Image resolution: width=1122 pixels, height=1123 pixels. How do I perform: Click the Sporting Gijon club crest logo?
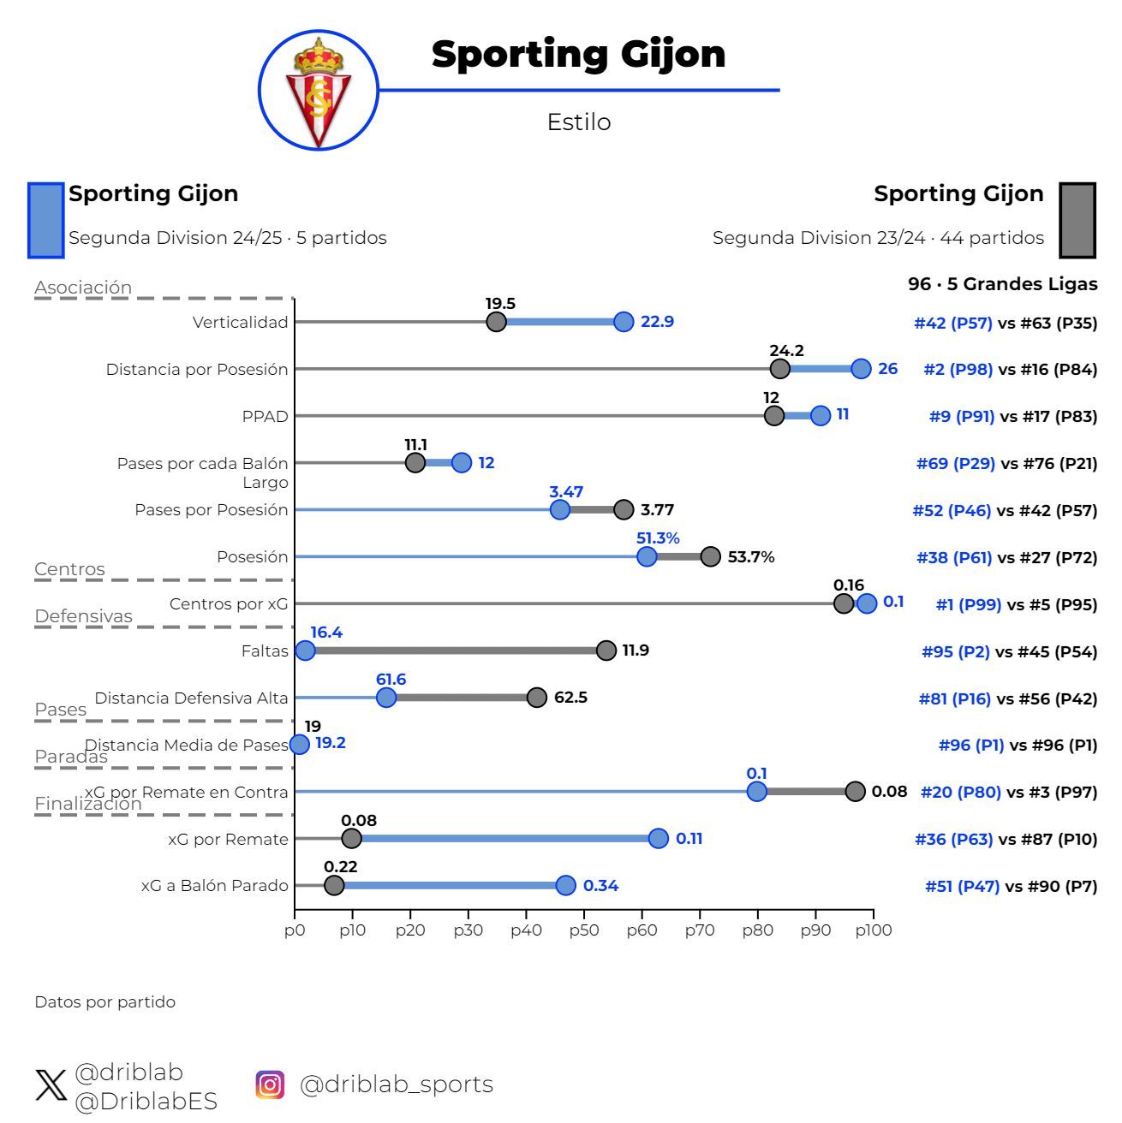[x=319, y=91]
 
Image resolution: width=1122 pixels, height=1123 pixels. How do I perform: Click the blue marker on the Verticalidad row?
[x=624, y=322]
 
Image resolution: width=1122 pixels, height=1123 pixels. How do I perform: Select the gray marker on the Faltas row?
[x=606, y=651]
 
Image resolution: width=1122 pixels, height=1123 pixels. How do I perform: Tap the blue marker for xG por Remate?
[x=658, y=839]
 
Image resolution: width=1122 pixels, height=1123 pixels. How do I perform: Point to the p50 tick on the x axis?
[x=583, y=930]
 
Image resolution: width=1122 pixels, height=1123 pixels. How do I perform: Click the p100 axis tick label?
[x=873, y=930]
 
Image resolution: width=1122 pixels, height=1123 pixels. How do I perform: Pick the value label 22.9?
[x=657, y=322]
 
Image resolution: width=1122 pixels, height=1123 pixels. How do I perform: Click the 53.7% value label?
[x=751, y=557]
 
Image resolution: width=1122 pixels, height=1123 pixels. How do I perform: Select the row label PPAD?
[x=265, y=417]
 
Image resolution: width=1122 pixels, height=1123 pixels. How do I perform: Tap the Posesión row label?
[x=252, y=557]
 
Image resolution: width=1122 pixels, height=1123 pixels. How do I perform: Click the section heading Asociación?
[x=83, y=288]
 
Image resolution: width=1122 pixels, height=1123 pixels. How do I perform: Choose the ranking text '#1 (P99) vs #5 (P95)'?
[x=1016, y=604]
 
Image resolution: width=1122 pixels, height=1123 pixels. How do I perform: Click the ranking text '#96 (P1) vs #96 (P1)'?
[x=1018, y=746]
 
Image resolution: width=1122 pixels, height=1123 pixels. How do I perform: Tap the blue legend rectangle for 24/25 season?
[x=46, y=220]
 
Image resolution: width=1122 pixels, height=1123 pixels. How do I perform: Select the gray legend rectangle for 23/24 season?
[x=1077, y=220]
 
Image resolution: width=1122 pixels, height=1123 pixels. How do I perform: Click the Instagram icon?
[x=270, y=1084]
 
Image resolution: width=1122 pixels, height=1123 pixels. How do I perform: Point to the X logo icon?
[x=51, y=1085]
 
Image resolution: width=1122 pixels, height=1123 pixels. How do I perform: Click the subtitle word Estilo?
[x=579, y=122]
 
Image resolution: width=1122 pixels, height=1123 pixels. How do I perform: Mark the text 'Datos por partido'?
[x=104, y=1002]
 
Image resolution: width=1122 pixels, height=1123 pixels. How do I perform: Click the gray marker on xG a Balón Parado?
[x=334, y=886]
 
